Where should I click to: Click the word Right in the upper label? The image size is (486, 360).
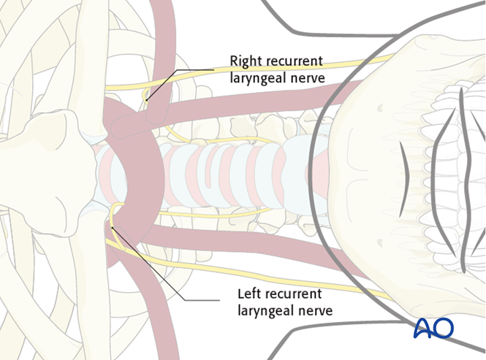click(246, 61)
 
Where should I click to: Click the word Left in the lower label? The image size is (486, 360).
click(250, 294)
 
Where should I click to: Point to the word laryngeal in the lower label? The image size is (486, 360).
click(264, 310)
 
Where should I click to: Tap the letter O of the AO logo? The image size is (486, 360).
click(443, 329)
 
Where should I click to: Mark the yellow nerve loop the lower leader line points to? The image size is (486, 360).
click(114, 219)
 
